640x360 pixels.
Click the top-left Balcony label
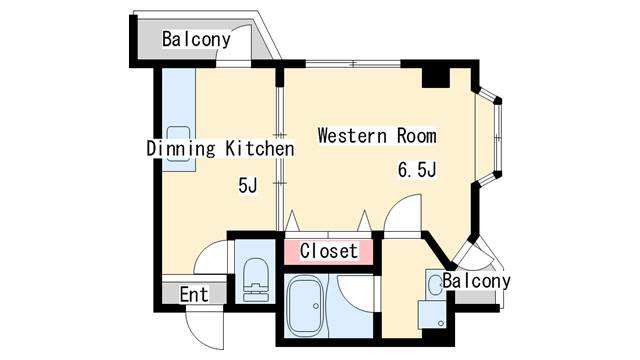pyautogui.click(x=197, y=40)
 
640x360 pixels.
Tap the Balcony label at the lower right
pyautogui.click(x=477, y=281)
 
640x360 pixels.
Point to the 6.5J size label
pyautogui.click(x=417, y=170)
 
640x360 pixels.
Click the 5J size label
pyautogui.click(x=247, y=185)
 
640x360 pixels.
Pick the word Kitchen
pyautogui.click(x=258, y=149)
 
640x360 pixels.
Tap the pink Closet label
pyautogui.click(x=328, y=251)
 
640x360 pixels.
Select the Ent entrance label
pyautogui.click(x=193, y=295)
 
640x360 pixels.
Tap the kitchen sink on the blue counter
pyautogui.click(x=179, y=137)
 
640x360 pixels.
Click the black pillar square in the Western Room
pyautogui.click(x=435, y=76)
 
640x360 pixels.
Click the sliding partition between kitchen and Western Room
pyautogui.click(x=279, y=150)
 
